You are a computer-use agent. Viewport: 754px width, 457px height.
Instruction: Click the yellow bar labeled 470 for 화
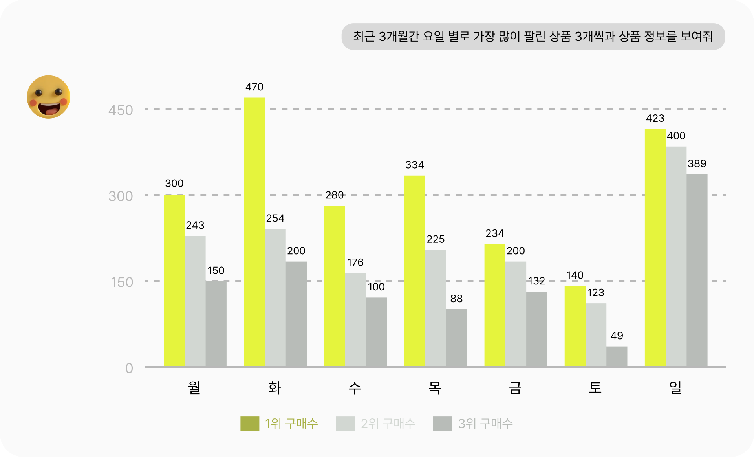click(x=254, y=232)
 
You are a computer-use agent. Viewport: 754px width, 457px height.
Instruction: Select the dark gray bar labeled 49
click(x=617, y=356)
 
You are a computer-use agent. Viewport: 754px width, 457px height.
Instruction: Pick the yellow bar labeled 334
click(x=415, y=271)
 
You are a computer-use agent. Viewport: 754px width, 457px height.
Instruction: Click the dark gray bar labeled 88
click(x=456, y=338)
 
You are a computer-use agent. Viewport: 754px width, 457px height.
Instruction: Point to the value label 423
click(x=655, y=118)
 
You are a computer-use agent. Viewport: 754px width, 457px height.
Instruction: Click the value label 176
click(x=355, y=262)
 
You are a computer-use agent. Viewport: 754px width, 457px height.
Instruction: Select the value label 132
click(x=536, y=281)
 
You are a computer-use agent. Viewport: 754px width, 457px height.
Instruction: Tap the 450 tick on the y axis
click(x=121, y=110)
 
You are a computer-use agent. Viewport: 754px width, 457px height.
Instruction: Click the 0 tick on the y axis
click(x=129, y=368)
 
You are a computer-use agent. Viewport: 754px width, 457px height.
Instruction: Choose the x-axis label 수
click(x=355, y=388)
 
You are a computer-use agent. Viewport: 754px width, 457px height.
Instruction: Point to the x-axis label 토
click(x=595, y=388)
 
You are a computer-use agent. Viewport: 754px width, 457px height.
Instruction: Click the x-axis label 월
click(x=194, y=388)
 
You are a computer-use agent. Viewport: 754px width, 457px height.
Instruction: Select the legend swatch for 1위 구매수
click(x=250, y=424)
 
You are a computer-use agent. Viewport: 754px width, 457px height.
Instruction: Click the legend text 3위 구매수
click(x=485, y=424)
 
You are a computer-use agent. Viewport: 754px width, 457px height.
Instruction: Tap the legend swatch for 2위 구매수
click(x=345, y=424)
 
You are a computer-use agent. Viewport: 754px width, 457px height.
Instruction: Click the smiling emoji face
click(x=48, y=97)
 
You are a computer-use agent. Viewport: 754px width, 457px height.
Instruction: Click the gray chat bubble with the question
click(x=533, y=37)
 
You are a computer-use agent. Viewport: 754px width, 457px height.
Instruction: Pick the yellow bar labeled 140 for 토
click(x=575, y=326)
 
